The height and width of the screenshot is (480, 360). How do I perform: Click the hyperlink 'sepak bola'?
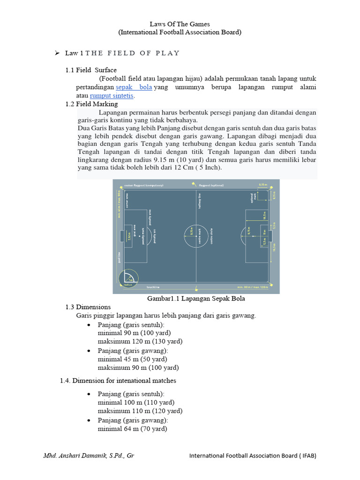(134, 88)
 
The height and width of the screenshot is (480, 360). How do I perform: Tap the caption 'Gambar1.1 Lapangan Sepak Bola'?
(196, 299)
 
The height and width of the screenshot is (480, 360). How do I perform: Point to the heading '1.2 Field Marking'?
(91, 104)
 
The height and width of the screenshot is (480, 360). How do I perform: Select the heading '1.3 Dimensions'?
(88, 307)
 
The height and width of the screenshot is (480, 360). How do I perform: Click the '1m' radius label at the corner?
(132, 279)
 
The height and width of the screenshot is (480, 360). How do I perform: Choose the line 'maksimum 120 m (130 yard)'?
(140, 341)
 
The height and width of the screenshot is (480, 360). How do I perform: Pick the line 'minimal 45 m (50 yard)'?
(133, 359)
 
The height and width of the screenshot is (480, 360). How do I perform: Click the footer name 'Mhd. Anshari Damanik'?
(89, 455)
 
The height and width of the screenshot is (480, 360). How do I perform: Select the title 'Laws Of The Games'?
(180, 23)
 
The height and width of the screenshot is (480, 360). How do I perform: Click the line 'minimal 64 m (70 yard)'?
(133, 428)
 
